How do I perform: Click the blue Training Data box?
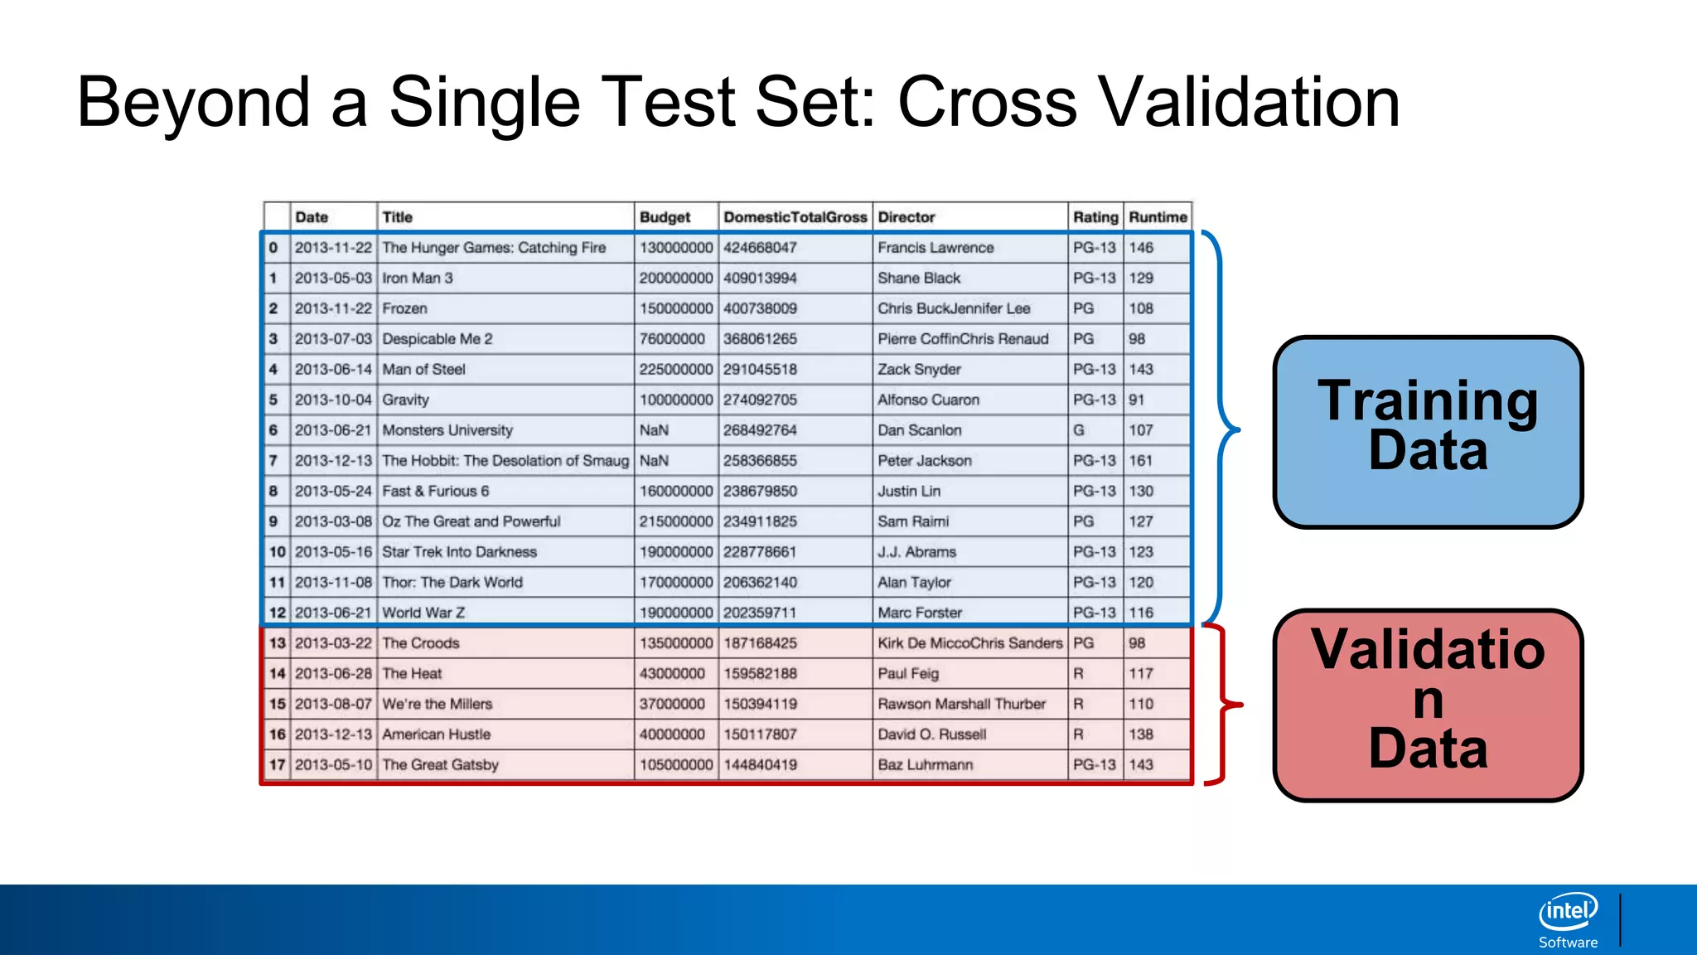click(x=1427, y=431)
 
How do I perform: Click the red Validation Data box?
click(x=1427, y=705)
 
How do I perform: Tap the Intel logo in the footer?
click(x=1568, y=913)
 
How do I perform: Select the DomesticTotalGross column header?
click(x=795, y=217)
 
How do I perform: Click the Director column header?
click(x=906, y=217)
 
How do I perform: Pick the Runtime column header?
click(x=1157, y=217)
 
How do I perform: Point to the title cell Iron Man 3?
click(x=417, y=279)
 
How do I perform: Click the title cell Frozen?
click(x=404, y=308)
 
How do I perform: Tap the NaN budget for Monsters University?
click(x=654, y=430)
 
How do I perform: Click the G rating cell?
click(x=1078, y=430)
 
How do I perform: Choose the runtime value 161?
click(x=1140, y=461)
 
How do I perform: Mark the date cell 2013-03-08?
click(x=333, y=521)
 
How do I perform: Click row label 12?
click(x=277, y=613)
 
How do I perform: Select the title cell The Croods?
click(x=420, y=643)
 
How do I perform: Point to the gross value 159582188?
click(x=760, y=674)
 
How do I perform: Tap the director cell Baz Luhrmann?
click(x=925, y=765)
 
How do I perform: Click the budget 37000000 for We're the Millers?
click(x=672, y=704)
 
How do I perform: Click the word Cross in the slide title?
click(x=987, y=103)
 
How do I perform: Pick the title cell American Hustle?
click(x=436, y=734)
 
